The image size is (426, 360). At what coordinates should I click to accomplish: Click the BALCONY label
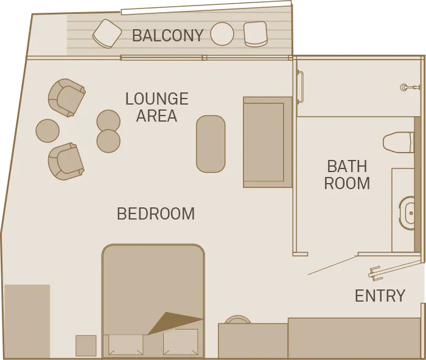(x=167, y=35)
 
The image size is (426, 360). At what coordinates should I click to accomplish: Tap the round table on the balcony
(x=222, y=34)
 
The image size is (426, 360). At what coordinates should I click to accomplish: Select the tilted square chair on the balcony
(x=107, y=34)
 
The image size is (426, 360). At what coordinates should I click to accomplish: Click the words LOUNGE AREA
(x=157, y=107)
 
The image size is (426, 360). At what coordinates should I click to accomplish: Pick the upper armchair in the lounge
(x=66, y=98)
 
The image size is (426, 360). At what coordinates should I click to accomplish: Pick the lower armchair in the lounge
(x=66, y=161)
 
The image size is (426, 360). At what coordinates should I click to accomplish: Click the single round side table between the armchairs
(x=47, y=131)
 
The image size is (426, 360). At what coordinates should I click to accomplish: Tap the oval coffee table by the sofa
(x=211, y=144)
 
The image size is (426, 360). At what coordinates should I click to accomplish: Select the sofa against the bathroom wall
(x=268, y=142)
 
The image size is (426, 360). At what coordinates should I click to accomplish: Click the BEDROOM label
(x=156, y=213)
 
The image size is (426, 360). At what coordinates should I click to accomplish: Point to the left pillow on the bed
(x=125, y=345)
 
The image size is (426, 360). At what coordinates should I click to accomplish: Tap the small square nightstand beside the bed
(x=86, y=345)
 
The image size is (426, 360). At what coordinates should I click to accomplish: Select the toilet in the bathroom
(x=398, y=142)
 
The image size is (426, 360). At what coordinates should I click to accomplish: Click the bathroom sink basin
(x=407, y=213)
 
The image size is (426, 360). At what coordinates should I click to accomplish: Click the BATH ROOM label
(x=347, y=175)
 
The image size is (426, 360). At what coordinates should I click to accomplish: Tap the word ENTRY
(x=380, y=296)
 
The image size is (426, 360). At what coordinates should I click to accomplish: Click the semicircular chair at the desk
(x=238, y=319)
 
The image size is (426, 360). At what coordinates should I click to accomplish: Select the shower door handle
(x=301, y=86)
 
